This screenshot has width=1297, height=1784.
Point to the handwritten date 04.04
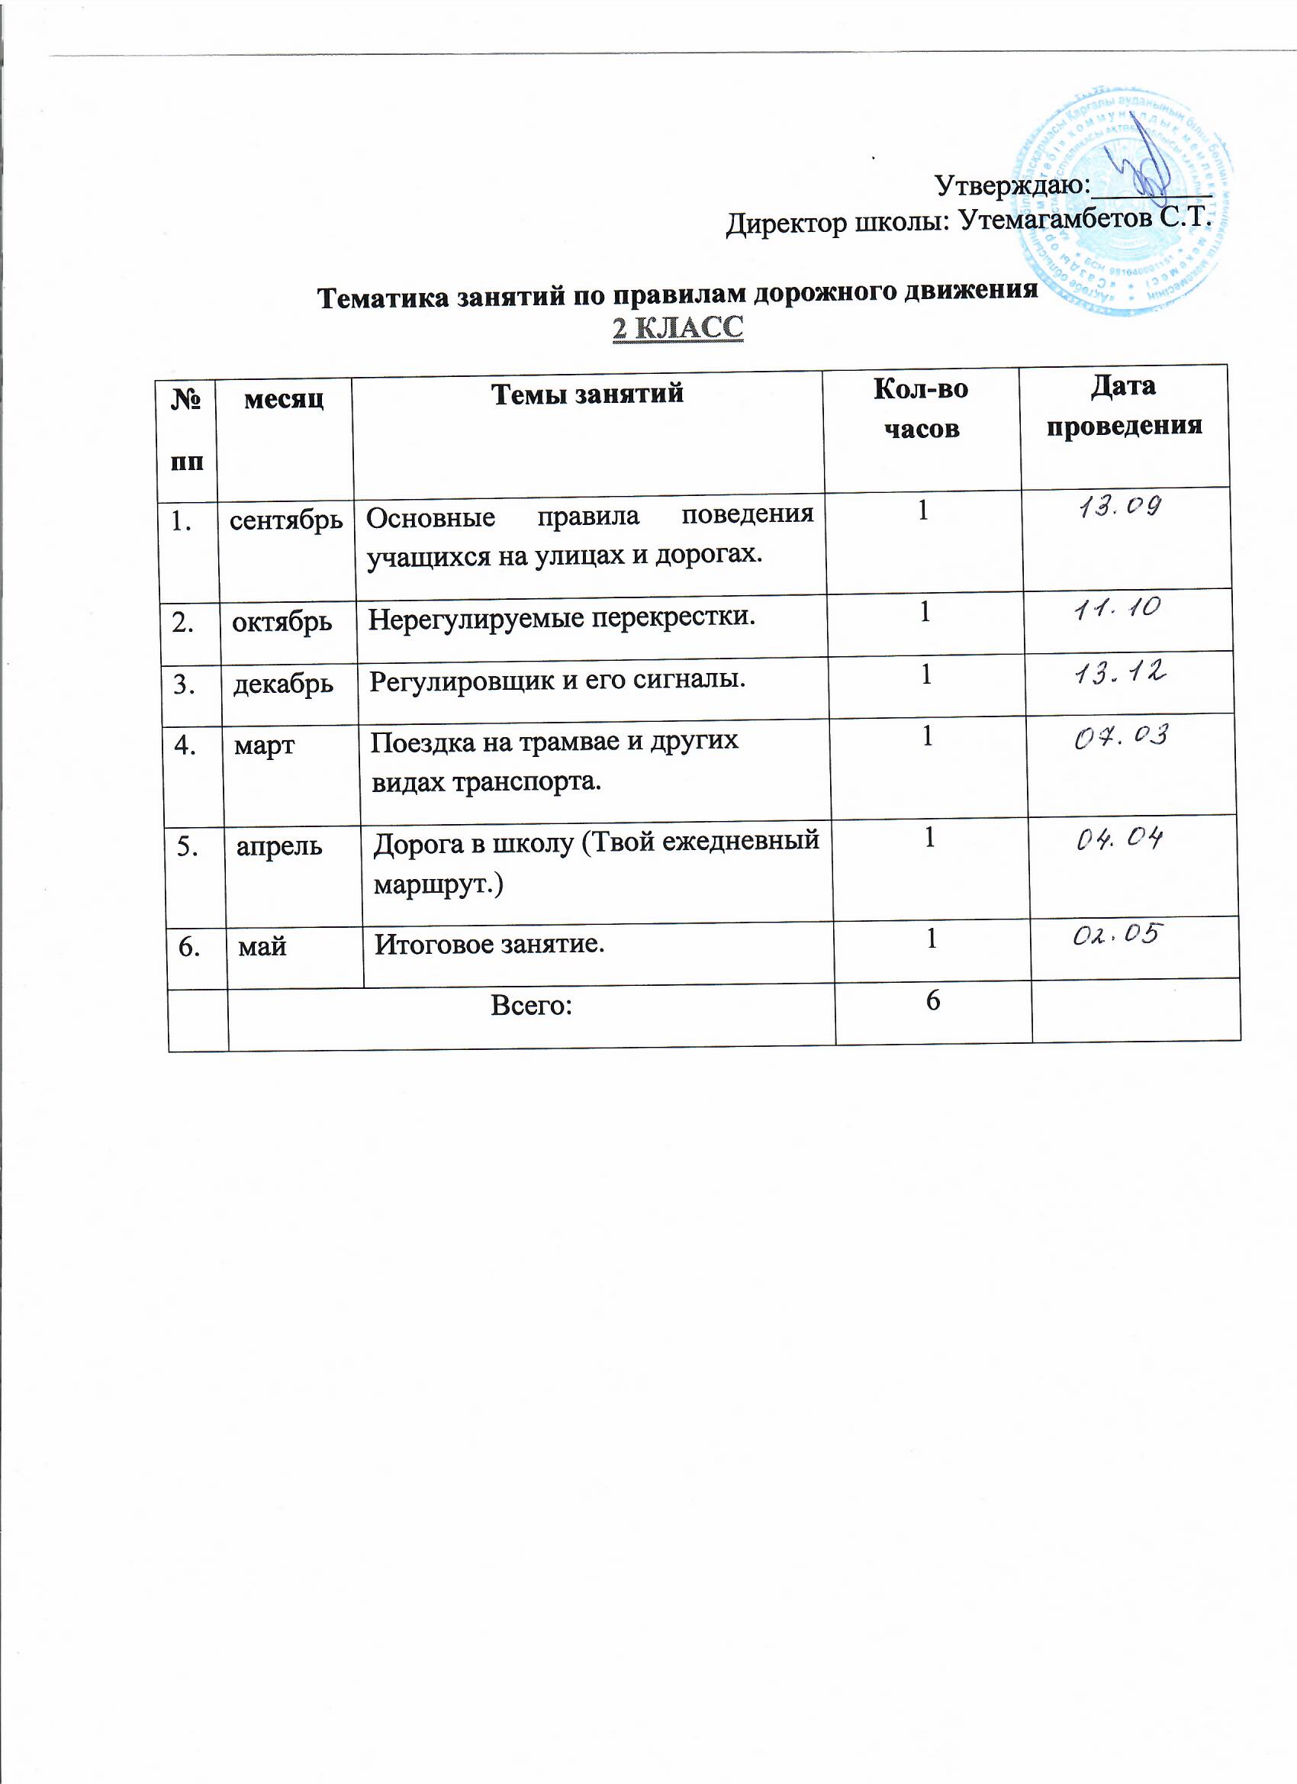click(x=1119, y=840)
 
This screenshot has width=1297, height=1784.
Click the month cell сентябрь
click(x=286, y=520)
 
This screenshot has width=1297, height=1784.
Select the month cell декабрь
click(x=283, y=684)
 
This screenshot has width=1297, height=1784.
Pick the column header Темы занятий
click(x=587, y=392)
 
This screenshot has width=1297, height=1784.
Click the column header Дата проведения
click(x=1123, y=406)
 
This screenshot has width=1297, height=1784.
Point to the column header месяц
click(x=284, y=399)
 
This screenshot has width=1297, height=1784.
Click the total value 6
click(x=933, y=1000)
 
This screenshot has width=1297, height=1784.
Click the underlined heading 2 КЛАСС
click(x=678, y=328)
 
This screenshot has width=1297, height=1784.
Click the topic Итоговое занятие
click(x=489, y=943)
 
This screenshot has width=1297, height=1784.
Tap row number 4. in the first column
click(x=185, y=744)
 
